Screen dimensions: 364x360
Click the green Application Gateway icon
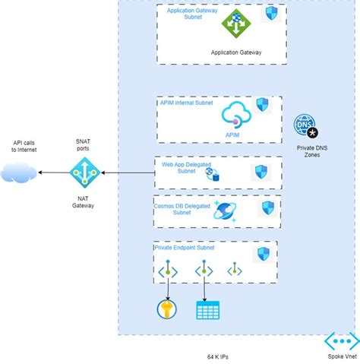pyautogui.click(x=235, y=23)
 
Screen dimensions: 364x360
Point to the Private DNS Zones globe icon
pyautogui.click(x=306, y=127)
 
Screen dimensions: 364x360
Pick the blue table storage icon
pyautogui.click(x=206, y=310)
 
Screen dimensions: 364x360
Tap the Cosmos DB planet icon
pyautogui.click(x=226, y=211)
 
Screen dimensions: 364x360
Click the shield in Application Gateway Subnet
pyautogui.click(x=270, y=14)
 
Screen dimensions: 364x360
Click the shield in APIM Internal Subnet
pyautogui.click(x=263, y=106)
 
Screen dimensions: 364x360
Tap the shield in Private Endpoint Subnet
pyautogui.click(x=263, y=253)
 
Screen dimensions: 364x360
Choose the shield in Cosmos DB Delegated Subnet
pyautogui.click(x=268, y=208)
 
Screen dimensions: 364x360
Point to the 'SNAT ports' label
pyautogui.click(x=84, y=145)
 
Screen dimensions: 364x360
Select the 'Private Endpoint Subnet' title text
pyautogui.click(x=185, y=248)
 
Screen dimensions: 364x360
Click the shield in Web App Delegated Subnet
pyautogui.click(x=261, y=172)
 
